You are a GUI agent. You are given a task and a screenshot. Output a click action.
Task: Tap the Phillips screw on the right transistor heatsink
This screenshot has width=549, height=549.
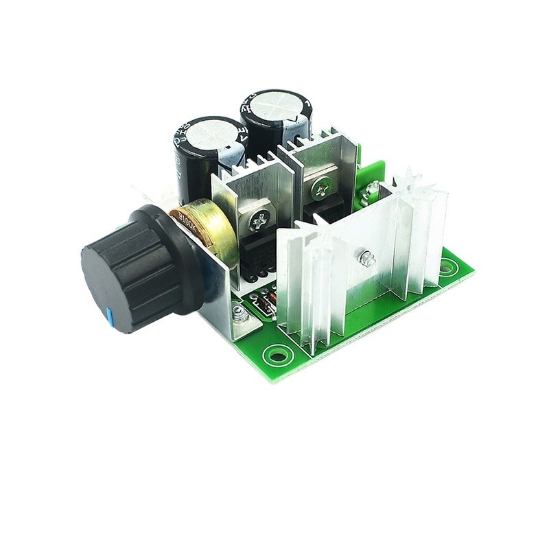coord(321,186)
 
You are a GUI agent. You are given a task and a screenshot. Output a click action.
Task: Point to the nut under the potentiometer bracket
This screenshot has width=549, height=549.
coord(240,315)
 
